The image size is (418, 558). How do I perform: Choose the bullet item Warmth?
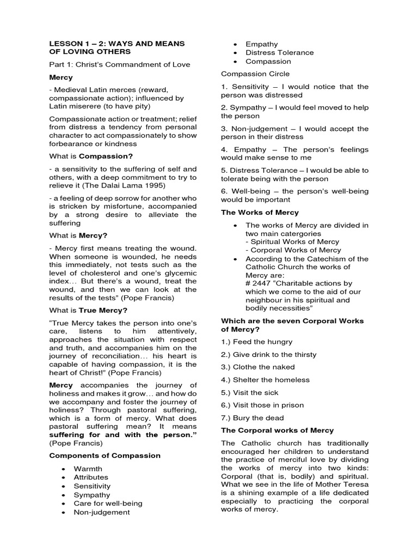click(x=88, y=469)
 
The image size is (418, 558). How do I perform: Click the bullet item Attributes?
click(x=91, y=477)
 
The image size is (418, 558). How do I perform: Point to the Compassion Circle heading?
click(x=255, y=74)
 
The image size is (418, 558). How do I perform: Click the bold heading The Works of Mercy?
click(x=260, y=213)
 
